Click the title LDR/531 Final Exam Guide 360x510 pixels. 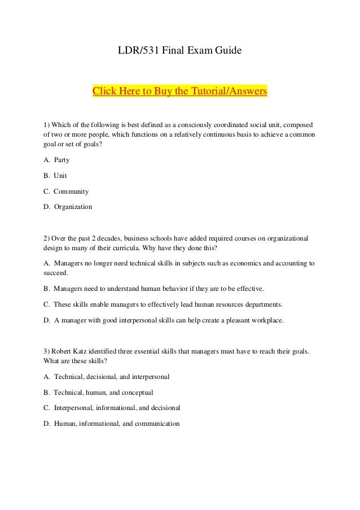click(179, 51)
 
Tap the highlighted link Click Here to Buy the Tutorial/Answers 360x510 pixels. click(179, 90)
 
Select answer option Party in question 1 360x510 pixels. click(62, 160)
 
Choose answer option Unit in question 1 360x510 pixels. click(60, 176)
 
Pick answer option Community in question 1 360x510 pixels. click(71, 191)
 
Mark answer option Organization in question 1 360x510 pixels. click(73, 207)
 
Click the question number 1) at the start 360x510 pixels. click(47, 124)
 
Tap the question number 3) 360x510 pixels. click(47, 351)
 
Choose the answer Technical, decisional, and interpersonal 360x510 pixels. click(112, 376)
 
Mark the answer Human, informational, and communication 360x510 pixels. click(117, 423)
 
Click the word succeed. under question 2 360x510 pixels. click(55, 273)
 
